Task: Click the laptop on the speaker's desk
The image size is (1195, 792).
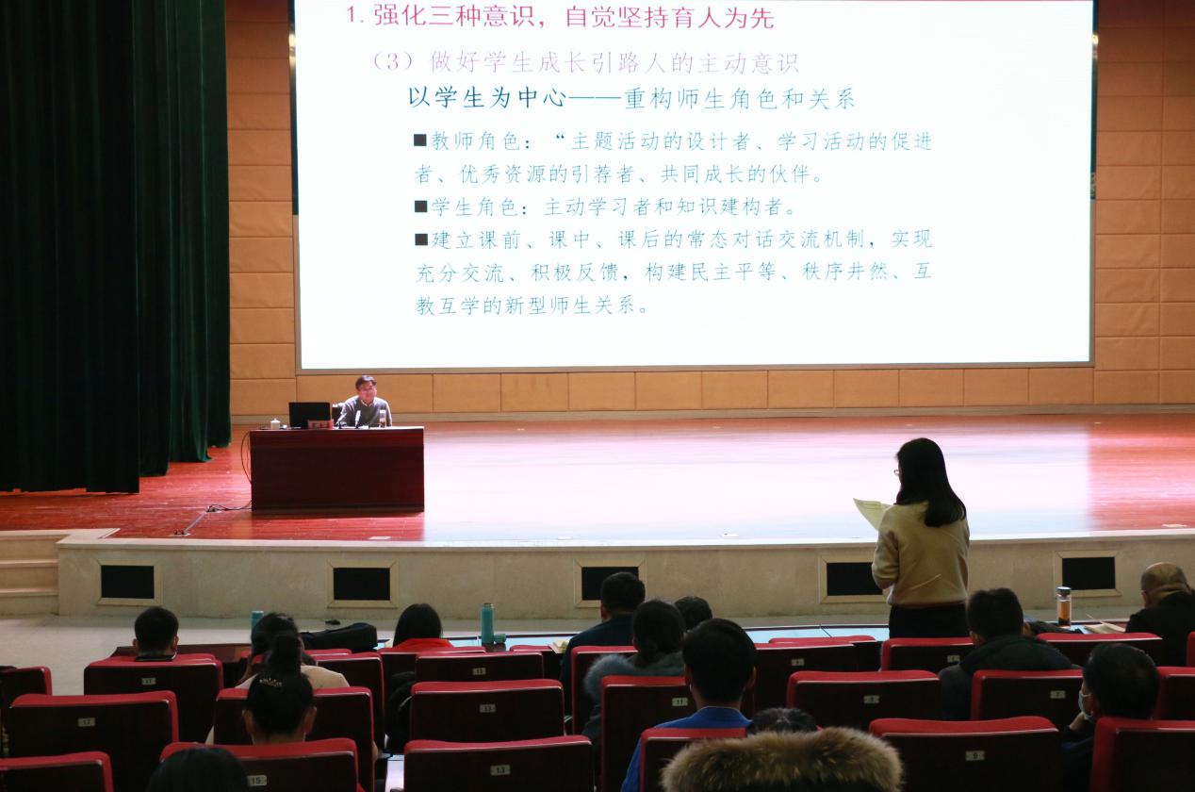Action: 309,415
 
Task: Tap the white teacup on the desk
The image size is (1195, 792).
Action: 275,424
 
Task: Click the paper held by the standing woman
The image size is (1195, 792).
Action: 871,512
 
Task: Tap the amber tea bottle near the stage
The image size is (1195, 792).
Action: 1064,605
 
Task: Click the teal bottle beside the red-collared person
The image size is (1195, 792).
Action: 487,623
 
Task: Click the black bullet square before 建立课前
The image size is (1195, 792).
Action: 420,239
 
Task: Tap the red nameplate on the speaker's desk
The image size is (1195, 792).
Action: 320,425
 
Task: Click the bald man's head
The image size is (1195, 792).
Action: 1165,581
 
